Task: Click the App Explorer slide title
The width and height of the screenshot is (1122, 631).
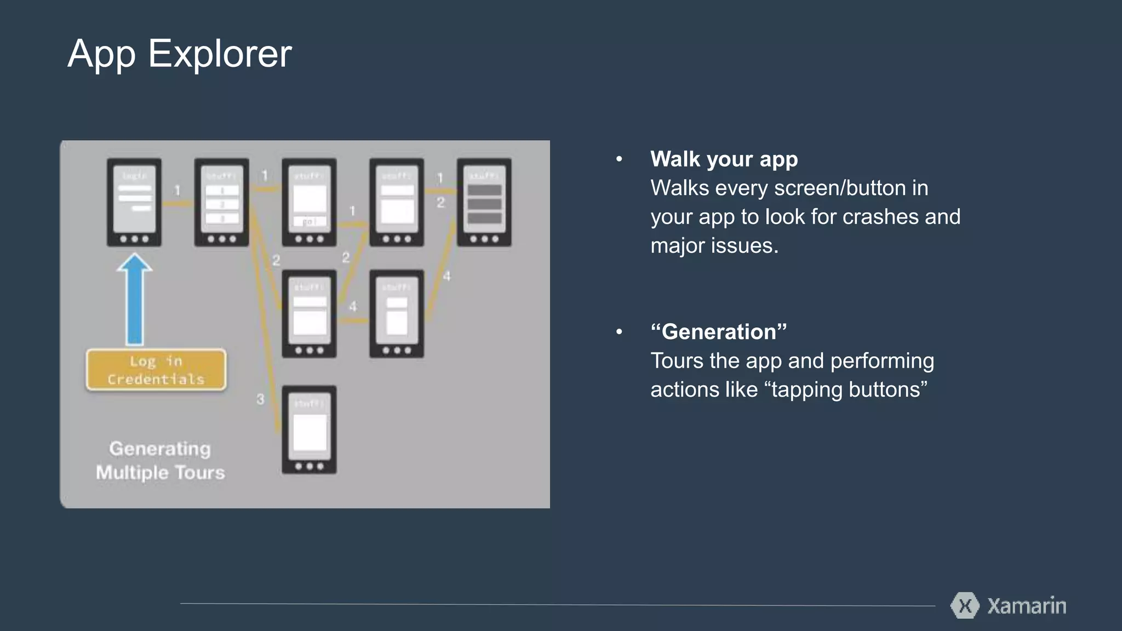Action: coord(179,54)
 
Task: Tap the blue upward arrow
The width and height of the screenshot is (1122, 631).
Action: coord(134,300)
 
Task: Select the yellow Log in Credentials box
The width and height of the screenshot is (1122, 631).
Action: coord(156,370)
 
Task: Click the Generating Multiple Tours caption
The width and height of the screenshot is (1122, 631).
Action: coord(160,461)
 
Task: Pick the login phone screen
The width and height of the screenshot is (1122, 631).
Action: coord(134,202)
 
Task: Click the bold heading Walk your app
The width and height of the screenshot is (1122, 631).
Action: coord(724,159)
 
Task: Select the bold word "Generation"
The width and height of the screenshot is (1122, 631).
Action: coord(718,332)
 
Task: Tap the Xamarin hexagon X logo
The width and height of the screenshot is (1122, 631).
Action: coord(965,606)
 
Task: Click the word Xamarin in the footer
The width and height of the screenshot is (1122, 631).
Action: coord(1027,606)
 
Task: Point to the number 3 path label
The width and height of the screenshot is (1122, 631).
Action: coord(260,399)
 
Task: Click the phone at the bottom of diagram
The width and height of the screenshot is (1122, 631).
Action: coord(309,430)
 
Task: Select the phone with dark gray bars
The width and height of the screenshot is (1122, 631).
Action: coord(484,202)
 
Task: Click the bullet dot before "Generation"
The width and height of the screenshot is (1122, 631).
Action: coord(619,332)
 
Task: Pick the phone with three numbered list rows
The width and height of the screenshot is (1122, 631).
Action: coord(221,202)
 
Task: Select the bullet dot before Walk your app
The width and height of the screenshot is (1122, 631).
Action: coord(619,159)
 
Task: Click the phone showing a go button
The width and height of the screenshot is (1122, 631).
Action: coord(309,202)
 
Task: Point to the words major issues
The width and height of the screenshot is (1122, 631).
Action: coord(714,246)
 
